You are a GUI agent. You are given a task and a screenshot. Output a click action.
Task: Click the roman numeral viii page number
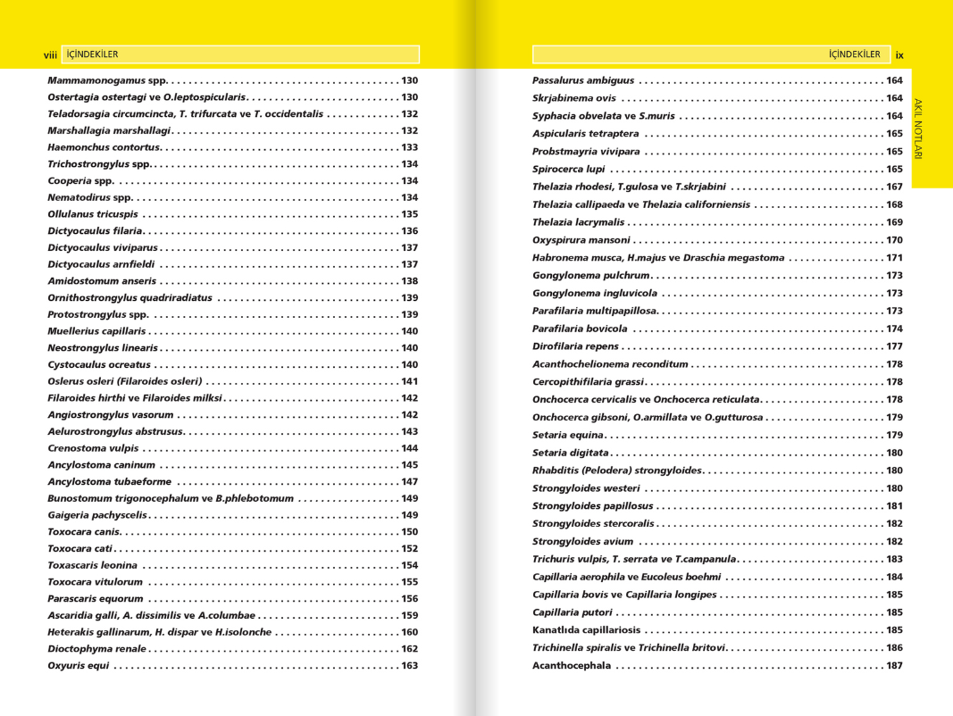(50, 55)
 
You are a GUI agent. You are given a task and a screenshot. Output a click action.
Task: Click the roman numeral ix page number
(899, 55)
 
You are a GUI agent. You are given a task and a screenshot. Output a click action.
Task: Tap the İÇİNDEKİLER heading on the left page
(93, 54)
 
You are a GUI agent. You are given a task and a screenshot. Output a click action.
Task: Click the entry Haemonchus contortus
(104, 147)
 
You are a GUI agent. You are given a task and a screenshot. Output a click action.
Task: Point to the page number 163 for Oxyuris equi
(409, 666)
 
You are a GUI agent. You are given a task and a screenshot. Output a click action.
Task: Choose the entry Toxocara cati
(79, 549)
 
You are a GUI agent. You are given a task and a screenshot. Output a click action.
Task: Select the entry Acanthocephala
(572, 666)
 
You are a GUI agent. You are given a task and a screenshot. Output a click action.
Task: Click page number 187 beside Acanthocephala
(894, 666)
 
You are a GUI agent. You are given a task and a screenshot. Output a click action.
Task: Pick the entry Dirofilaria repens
(575, 346)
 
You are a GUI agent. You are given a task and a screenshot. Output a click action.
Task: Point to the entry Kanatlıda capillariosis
(586, 630)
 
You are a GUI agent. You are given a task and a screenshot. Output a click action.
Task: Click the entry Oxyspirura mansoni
(581, 240)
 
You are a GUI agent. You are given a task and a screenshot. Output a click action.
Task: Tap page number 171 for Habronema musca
(894, 258)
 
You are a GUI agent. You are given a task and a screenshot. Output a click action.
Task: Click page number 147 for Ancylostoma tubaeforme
(409, 482)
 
